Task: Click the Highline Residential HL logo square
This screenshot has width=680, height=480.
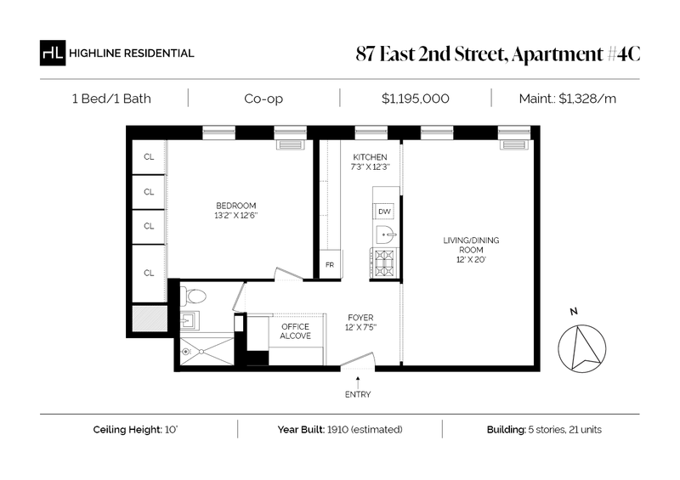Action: coord(53,53)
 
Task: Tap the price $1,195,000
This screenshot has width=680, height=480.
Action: coord(416,99)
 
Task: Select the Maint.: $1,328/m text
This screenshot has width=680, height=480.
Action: coord(567,99)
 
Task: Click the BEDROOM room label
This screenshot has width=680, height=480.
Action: coord(236,206)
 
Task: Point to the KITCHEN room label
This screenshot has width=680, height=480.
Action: coord(370,157)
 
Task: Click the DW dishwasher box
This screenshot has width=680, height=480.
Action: coord(384,212)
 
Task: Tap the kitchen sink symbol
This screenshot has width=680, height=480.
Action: coord(386,235)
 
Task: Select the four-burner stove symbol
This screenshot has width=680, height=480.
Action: coord(384,263)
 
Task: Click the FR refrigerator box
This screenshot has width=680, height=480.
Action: coord(330,265)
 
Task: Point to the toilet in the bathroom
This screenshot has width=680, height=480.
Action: coord(193,296)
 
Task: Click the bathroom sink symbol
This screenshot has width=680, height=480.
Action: coord(190,320)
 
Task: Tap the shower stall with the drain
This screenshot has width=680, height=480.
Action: coord(207,352)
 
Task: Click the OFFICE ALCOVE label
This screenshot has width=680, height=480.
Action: coord(295,331)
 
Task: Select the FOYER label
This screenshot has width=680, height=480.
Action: coord(360,318)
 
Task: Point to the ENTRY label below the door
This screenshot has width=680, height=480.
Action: coord(358,394)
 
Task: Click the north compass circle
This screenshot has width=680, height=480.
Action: coord(581,348)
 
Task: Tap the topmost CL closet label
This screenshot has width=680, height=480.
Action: coord(149,157)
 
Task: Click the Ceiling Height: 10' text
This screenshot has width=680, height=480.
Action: coord(135,430)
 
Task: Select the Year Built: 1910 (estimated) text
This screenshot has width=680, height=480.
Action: coord(340,430)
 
